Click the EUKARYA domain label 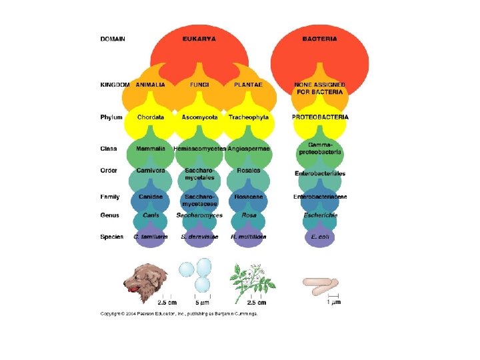click(199, 39)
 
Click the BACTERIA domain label click(319, 39)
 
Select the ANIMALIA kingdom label click(151, 85)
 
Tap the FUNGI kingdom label click(199, 85)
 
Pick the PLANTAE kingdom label click(248, 85)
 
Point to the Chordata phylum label click(151, 117)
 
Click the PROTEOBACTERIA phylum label click(320, 117)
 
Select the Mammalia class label click(151, 148)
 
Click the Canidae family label click(151, 197)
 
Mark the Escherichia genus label click(320, 215)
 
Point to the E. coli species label click(320, 237)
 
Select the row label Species click(111, 237)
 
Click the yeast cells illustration click(196, 275)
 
